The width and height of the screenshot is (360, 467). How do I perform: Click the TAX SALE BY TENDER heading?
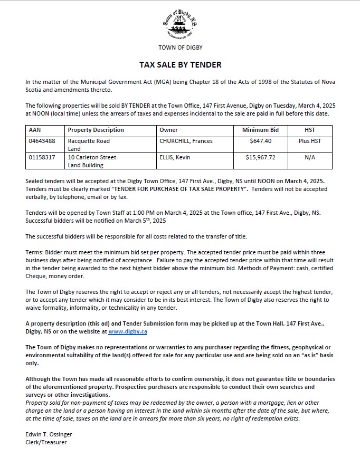[x=180, y=65]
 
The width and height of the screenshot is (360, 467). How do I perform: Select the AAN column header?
[x=34, y=130]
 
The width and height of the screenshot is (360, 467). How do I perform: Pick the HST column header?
[x=310, y=130]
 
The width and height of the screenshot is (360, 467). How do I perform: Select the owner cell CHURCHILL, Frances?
[x=186, y=141]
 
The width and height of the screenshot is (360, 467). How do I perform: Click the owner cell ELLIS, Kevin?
[x=175, y=157]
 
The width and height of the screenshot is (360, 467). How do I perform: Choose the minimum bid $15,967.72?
[x=261, y=157]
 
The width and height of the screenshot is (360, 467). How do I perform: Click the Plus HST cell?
[x=310, y=141]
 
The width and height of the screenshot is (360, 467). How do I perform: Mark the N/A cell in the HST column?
[x=310, y=157]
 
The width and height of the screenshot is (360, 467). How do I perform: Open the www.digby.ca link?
[x=128, y=331]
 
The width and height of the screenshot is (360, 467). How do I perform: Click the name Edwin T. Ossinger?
[x=49, y=434]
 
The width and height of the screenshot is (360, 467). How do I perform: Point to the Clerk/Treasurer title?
[x=46, y=442]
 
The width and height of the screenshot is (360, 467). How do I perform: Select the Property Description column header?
[x=96, y=130]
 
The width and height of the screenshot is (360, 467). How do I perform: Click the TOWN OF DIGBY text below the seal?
[x=180, y=47]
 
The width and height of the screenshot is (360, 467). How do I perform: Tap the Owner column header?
[x=168, y=130]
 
